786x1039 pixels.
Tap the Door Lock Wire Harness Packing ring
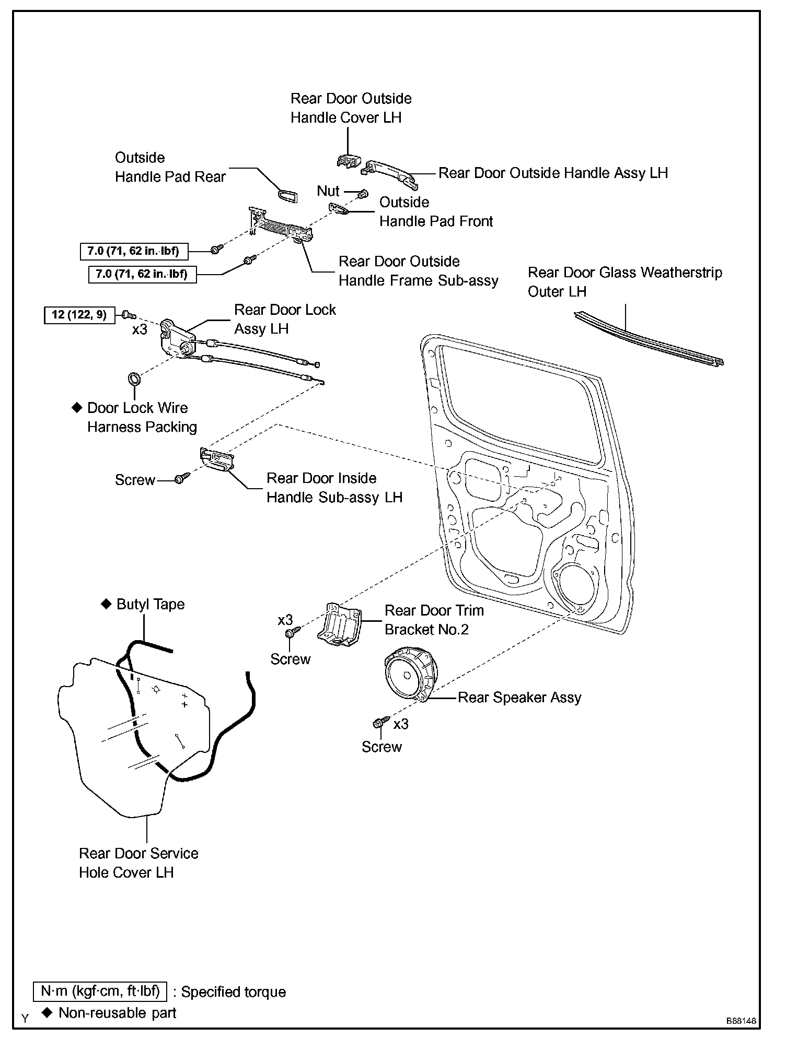click(x=134, y=377)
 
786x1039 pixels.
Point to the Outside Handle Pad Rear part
click(x=287, y=195)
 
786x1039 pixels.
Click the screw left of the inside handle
click(x=181, y=478)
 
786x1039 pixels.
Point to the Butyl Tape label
click(x=151, y=605)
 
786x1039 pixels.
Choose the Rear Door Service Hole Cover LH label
click(x=138, y=863)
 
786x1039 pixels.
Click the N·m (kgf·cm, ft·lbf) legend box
click(x=100, y=991)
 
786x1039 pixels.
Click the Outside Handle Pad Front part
click(x=339, y=209)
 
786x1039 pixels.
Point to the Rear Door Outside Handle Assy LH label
click(x=553, y=173)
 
